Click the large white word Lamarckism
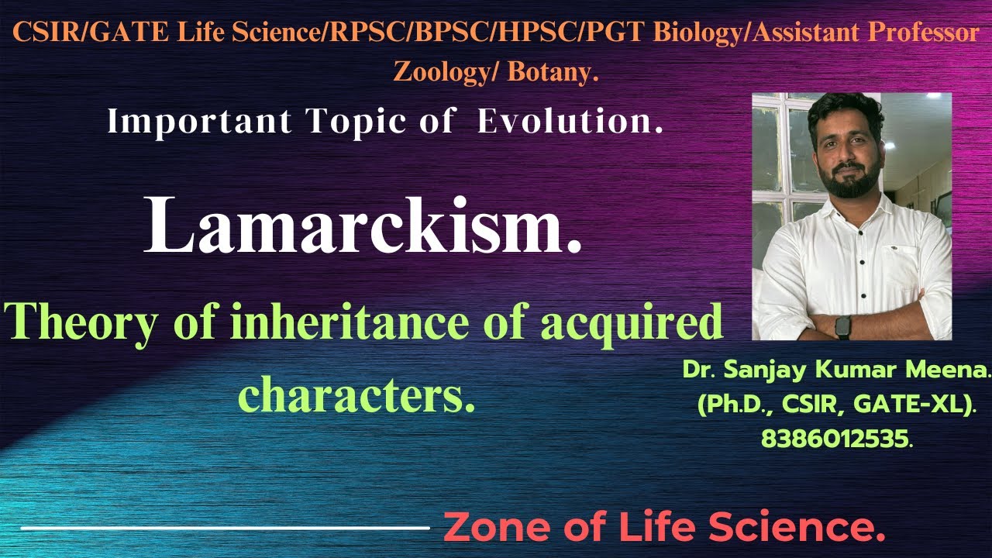(x=363, y=226)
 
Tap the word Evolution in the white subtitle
(x=570, y=122)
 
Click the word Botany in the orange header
(x=554, y=72)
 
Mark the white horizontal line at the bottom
(x=225, y=529)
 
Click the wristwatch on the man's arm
(x=842, y=325)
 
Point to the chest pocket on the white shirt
(x=900, y=255)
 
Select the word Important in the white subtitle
(x=199, y=122)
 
